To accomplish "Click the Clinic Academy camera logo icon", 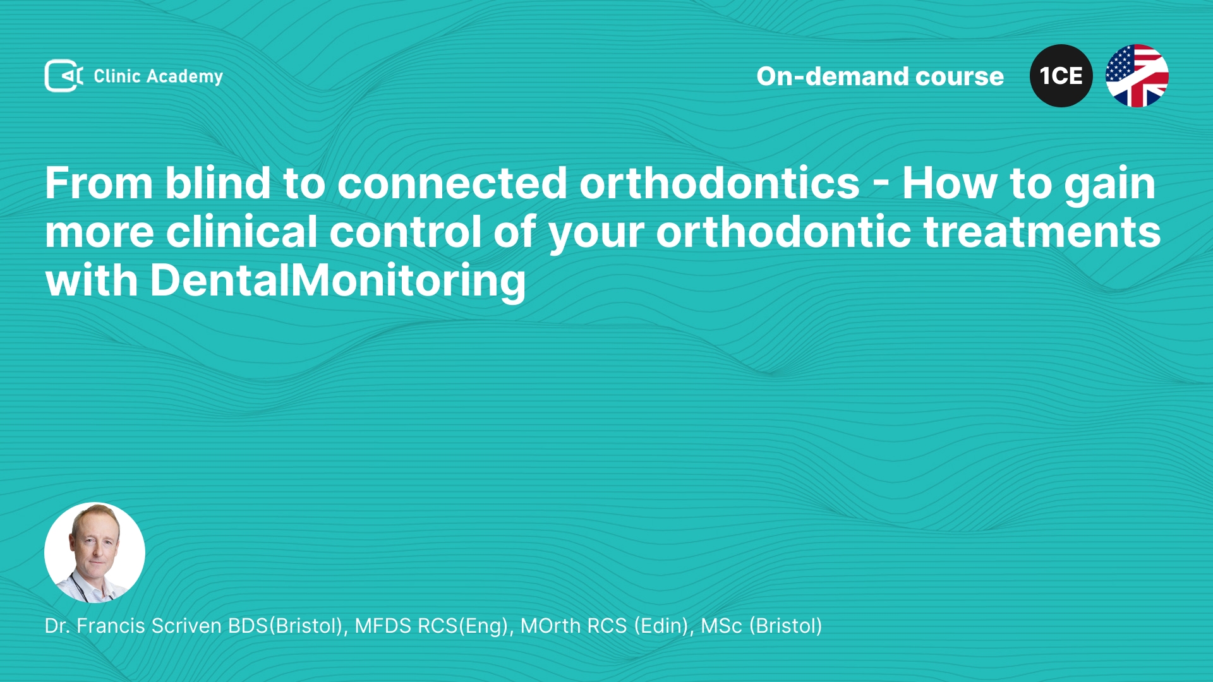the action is pos(64,76).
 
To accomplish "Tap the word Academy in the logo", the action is pos(184,77).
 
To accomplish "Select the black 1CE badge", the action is pos(1061,76).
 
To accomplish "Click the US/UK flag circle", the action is pos(1137,76).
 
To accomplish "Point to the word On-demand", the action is pos(831,76).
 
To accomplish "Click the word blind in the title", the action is pos(218,183).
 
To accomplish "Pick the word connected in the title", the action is pos(452,184).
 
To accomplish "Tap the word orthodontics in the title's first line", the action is pos(720,183).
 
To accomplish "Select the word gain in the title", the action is pos(1110,186).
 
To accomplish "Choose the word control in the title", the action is pos(406,232).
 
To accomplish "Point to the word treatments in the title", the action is pos(1042,232).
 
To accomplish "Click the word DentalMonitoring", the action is pos(338,281).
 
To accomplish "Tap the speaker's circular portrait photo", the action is pos(95,553).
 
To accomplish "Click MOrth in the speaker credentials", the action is pos(550,626).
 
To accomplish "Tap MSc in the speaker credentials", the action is pos(721,626).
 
